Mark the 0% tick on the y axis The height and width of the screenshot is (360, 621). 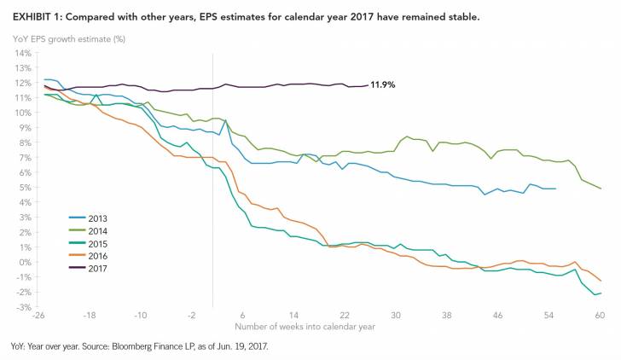(24, 262)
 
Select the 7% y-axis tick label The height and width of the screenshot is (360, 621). (24, 158)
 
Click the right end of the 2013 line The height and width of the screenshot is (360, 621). (555, 189)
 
